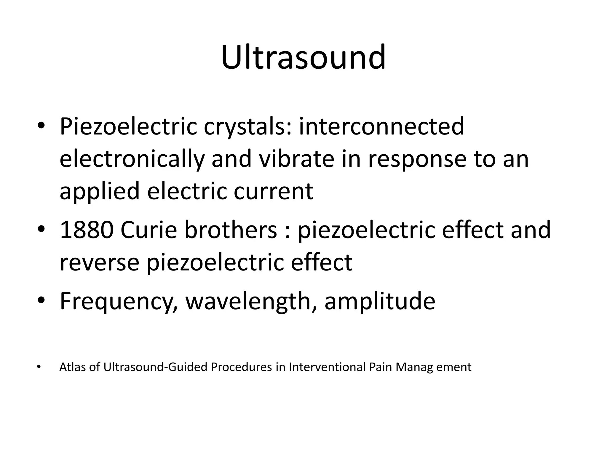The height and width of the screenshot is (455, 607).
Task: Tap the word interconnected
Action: click(x=381, y=126)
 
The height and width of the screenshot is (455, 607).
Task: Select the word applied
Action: click(x=100, y=192)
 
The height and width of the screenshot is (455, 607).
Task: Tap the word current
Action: click(x=273, y=191)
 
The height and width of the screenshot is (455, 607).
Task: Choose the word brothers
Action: click(x=231, y=230)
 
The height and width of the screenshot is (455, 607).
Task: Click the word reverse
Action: click(x=99, y=262)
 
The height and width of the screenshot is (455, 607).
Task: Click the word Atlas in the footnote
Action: click(x=73, y=367)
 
